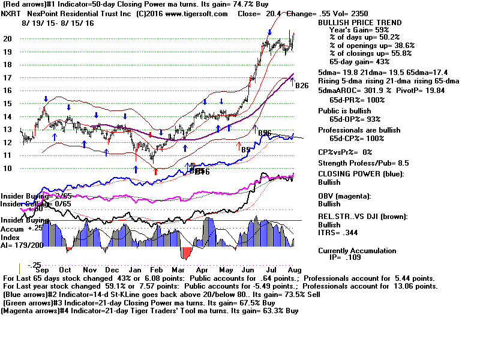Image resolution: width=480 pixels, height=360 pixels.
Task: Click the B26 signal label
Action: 302,86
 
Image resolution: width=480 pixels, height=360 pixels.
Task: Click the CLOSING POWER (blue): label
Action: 361,175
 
